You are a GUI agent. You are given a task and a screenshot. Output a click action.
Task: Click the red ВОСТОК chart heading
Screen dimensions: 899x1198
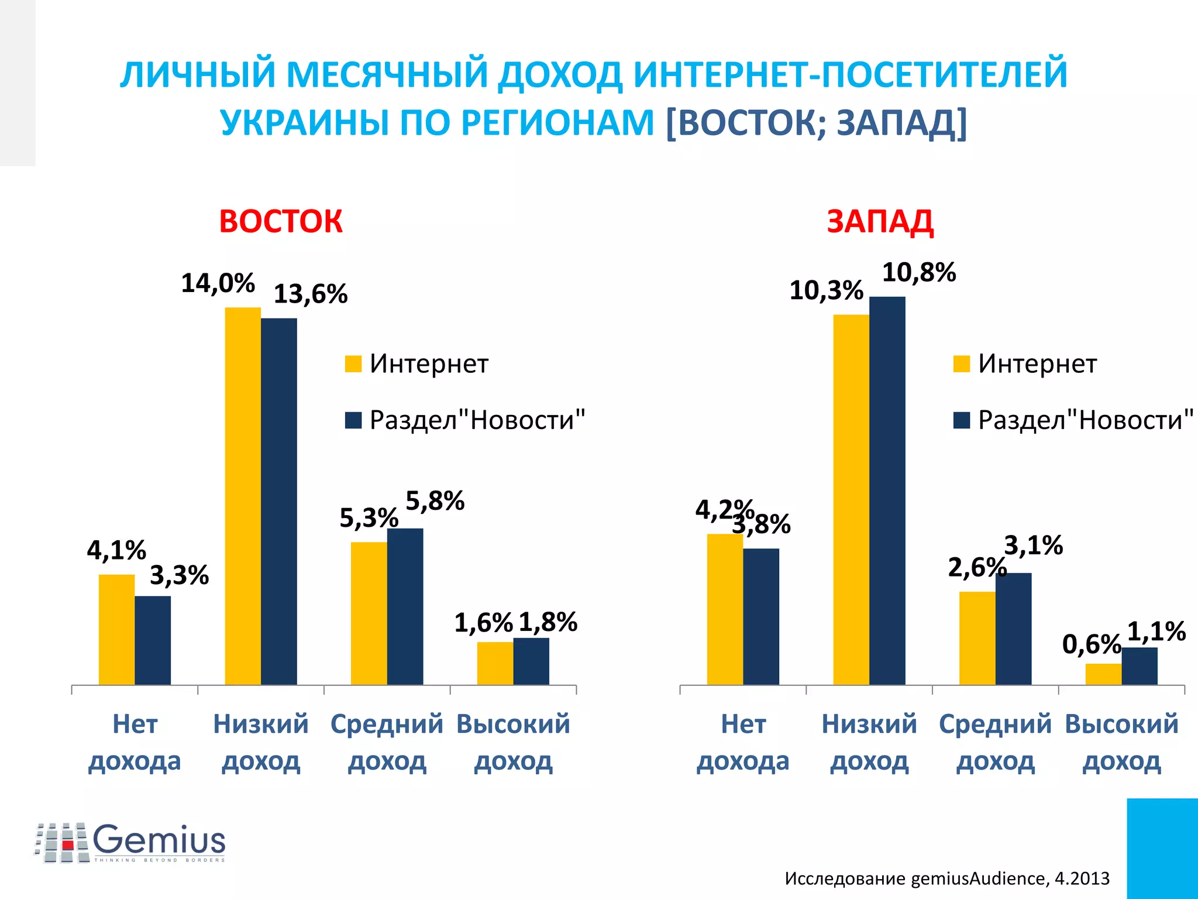click(280, 222)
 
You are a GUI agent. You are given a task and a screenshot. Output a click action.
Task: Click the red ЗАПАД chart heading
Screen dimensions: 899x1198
click(880, 222)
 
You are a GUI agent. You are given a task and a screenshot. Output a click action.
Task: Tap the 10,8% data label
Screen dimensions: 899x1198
click(918, 273)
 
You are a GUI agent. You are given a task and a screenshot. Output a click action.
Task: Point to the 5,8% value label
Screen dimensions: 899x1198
click(435, 501)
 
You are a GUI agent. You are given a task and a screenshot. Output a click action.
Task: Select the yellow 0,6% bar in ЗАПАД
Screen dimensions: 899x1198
click(1103, 674)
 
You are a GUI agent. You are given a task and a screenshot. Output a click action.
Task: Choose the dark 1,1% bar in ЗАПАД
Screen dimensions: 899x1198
click(1140, 666)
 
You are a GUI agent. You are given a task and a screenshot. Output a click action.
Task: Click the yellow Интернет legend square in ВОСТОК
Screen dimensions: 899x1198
click(353, 363)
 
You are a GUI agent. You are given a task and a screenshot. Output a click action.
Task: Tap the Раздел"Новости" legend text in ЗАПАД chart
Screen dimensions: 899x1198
click(1085, 420)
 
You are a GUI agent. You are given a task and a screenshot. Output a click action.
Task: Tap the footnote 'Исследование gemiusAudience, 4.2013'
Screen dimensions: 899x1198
click(946, 878)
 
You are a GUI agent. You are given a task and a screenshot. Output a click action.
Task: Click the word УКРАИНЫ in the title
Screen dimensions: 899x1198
click(304, 123)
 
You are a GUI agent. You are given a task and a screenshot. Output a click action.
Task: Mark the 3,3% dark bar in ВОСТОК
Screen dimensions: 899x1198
click(153, 640)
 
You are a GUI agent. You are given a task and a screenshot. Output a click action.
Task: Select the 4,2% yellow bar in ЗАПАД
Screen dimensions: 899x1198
click(725, 609)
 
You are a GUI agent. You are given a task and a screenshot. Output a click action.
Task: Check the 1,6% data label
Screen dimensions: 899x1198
click(483, 623)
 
